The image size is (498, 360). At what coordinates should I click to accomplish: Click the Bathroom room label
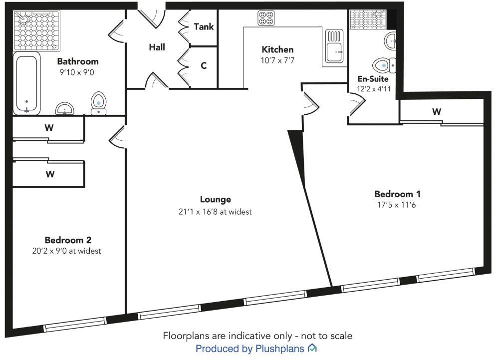pos(77,61)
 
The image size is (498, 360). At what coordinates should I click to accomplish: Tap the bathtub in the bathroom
pos(26,82)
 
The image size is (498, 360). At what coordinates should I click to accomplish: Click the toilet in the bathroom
pos(99,102)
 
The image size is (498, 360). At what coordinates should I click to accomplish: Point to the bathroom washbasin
pos(65,108)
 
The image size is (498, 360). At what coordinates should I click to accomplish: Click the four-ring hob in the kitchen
pos(265,18)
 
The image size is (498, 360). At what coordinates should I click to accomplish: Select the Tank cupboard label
pos(204,26)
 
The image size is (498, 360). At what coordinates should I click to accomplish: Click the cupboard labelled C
pos(204,65)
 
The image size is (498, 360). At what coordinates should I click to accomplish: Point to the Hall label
pos(157,47)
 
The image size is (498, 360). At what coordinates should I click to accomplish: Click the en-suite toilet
pos(384,65)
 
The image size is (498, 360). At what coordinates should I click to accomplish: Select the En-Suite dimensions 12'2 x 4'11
pos(373,89)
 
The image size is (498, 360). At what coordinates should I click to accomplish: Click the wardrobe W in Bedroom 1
pos(437,112)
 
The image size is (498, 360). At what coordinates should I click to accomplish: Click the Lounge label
pos(216,199)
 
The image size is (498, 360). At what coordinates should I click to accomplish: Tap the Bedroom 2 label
pos(68,240)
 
